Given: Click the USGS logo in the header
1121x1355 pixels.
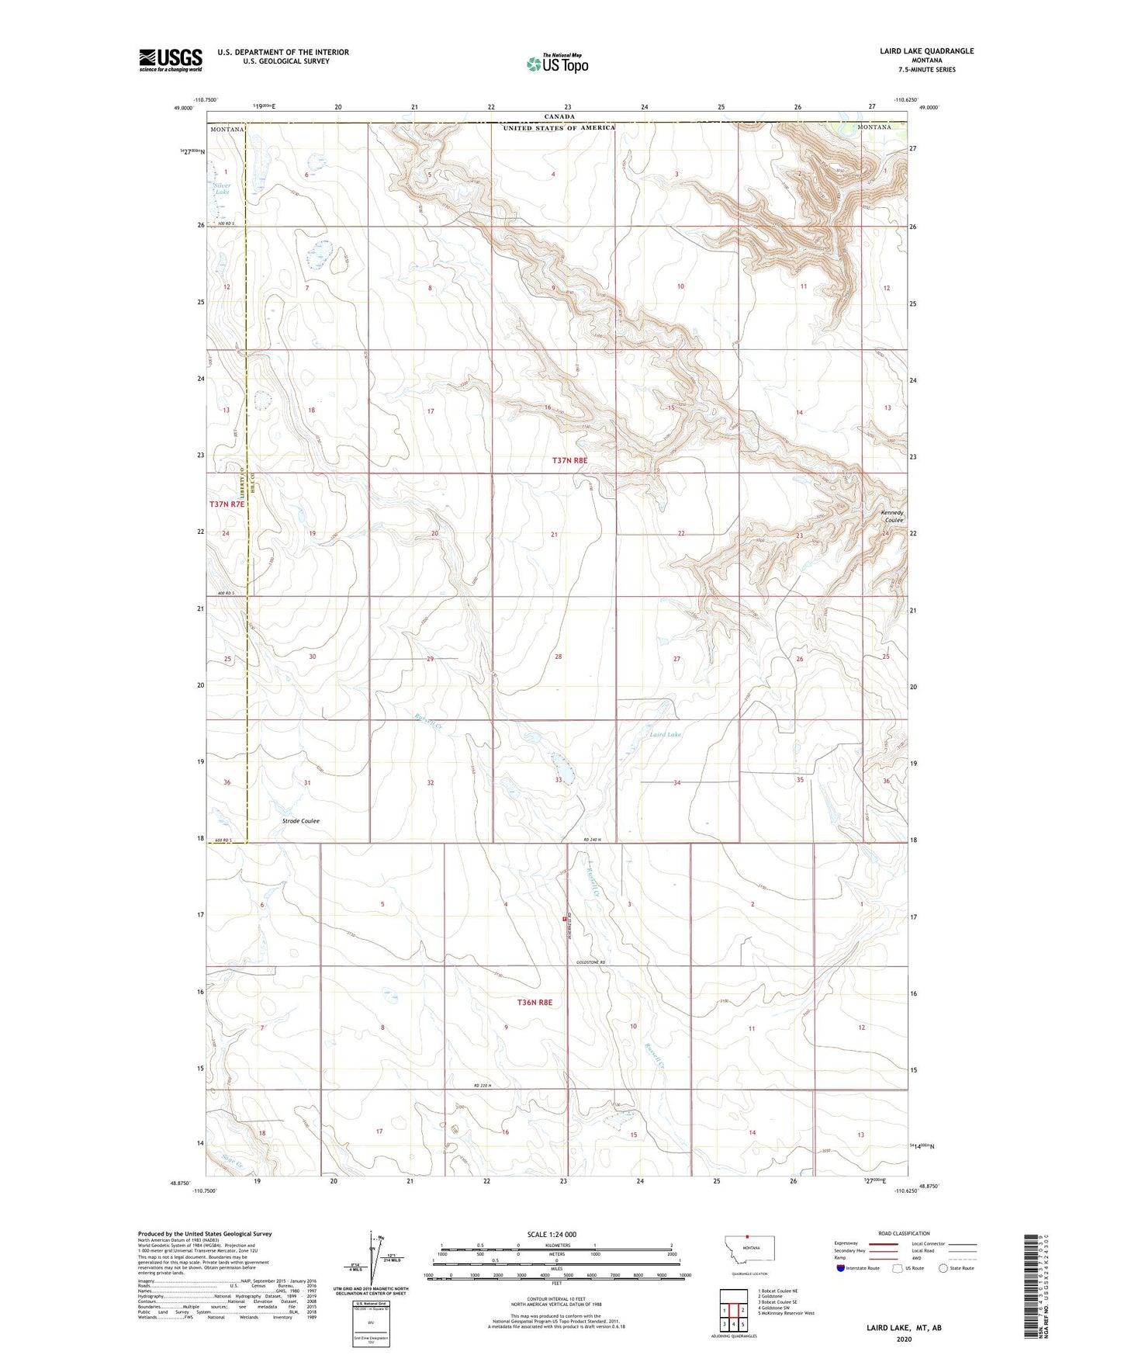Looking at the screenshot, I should click(x=170, y=60).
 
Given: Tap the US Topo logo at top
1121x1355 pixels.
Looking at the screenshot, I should click(x=557, y=64).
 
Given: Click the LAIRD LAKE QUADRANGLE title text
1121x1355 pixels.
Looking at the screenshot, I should click(x=926, y=51).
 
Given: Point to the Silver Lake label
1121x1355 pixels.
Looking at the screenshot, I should click(x=222, y=188).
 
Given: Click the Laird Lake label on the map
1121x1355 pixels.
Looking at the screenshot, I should click(x=665, y=734).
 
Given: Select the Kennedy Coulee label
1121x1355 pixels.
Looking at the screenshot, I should click(x=892, y=516).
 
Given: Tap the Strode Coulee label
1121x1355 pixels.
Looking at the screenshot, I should click(x=300, y=820).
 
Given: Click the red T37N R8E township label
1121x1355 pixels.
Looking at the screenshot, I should click(x=569, y=460).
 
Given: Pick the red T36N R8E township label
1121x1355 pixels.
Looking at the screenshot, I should click(x=535, y=1003).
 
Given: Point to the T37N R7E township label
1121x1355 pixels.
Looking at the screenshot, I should click(x=227, y=504).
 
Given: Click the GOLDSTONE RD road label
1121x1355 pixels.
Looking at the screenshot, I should click(x=590, y=963).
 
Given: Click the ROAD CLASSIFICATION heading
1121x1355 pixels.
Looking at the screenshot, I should click(x=904, y=1233).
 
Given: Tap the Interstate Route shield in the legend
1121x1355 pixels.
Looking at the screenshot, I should click(x=841, y=1268).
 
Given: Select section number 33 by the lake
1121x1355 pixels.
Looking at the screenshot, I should click(x=558, y=779).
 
